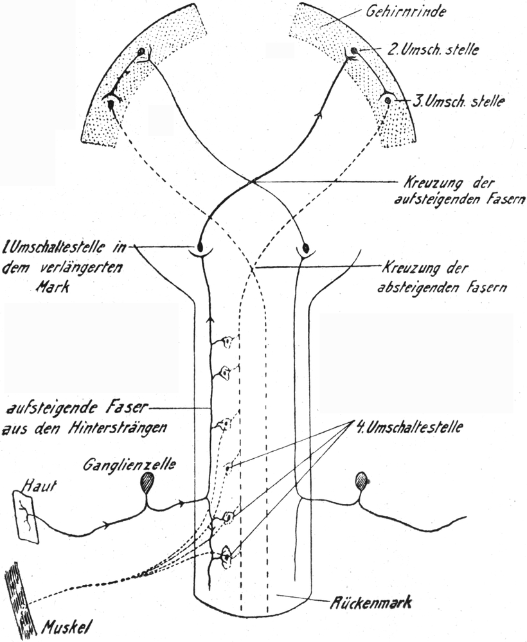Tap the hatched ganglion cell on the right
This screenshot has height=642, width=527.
pos(362,479)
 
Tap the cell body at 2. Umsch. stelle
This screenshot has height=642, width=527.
pos(353,51)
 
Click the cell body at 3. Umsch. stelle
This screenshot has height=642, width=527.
pos(388,101)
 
